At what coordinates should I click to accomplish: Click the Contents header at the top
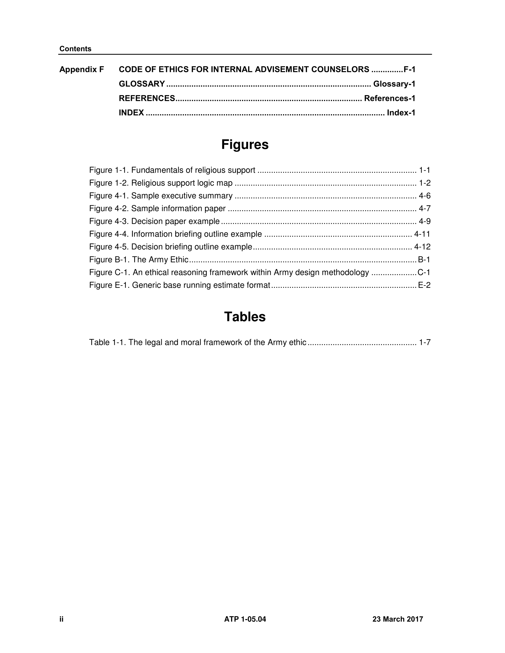point(75,49)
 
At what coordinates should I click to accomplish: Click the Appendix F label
point(81,69)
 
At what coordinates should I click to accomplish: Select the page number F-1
point(409,69)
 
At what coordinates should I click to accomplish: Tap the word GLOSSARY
point(142,84)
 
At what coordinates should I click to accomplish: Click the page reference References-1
point(389,98)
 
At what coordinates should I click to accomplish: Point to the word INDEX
point(131,113)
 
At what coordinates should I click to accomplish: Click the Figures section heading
point(245,144)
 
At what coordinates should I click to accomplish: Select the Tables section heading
point(245,317)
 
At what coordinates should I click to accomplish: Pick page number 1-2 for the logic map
point(424,183)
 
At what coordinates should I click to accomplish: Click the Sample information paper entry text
point(178,208)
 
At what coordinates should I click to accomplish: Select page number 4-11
point(422,234)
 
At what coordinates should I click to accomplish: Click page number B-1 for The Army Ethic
point(424,259)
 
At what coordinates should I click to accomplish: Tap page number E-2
point(424,285)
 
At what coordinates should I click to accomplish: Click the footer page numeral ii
point(61,619)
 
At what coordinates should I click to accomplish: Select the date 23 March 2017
point(398,619)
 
